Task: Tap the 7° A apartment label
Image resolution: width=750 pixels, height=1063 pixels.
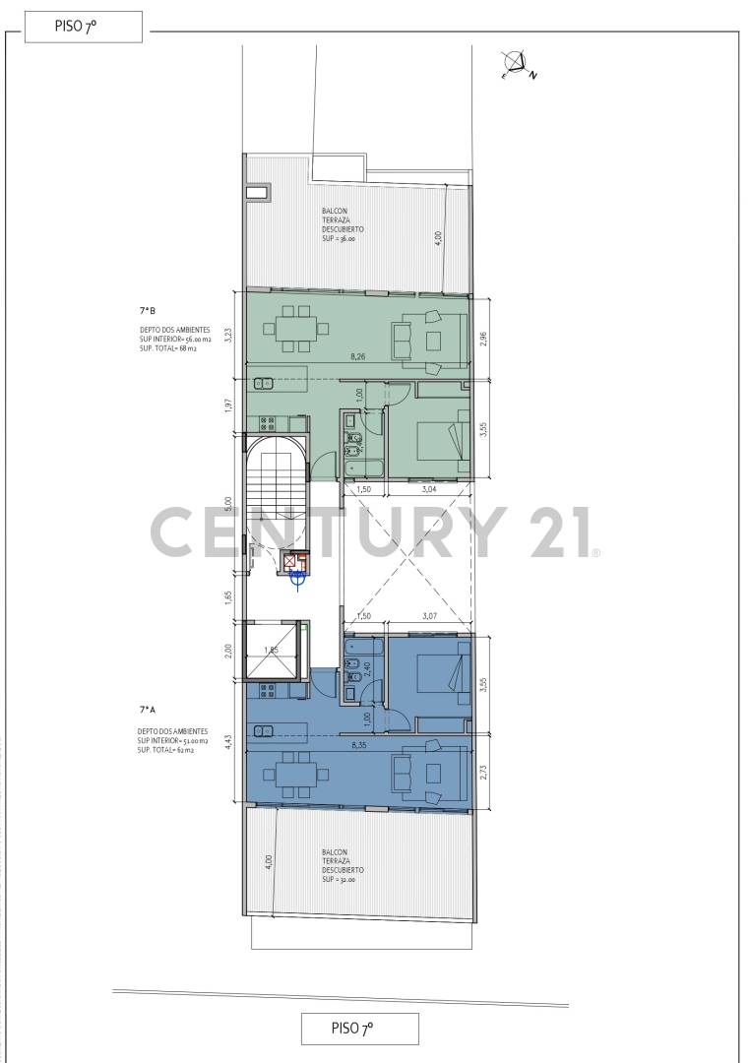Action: [x=150, y=709]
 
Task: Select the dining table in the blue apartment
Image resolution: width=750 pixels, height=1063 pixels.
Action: [x=295, y=779]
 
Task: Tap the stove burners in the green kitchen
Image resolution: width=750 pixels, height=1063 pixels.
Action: [x=267, y=422]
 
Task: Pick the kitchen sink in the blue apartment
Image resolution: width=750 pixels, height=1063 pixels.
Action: [x=263, y=731]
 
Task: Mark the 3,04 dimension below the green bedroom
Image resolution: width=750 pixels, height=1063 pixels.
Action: [x=430, y=489]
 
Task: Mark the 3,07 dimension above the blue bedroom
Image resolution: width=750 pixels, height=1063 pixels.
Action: [x=430, y=616]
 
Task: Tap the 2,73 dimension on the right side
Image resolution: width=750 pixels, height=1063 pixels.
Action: [x=482, y=774]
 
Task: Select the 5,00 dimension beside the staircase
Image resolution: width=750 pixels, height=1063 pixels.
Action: [x=228, y=502]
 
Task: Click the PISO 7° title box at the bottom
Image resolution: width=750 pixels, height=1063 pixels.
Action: [x=359, y=1029]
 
